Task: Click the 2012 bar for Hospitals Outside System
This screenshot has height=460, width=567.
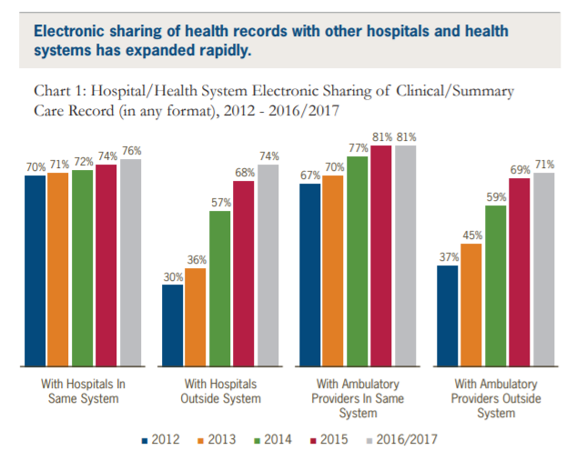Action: [173, 326]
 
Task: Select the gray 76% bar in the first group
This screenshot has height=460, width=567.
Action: [131, 264]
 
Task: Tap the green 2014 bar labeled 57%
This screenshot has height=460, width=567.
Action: [220, 289]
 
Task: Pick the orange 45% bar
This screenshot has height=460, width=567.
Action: [471, 305]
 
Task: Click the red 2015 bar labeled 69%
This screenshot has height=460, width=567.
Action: [518, 273]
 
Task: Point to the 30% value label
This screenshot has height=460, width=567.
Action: [173, 277]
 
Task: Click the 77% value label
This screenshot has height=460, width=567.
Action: [358, 148]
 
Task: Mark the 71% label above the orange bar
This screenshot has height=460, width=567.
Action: [59, 165]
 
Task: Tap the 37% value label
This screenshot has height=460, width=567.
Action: [447, 257]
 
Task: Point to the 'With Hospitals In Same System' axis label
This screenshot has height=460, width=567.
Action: [83, 391]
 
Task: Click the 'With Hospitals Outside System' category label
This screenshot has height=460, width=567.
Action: [221, 391]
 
